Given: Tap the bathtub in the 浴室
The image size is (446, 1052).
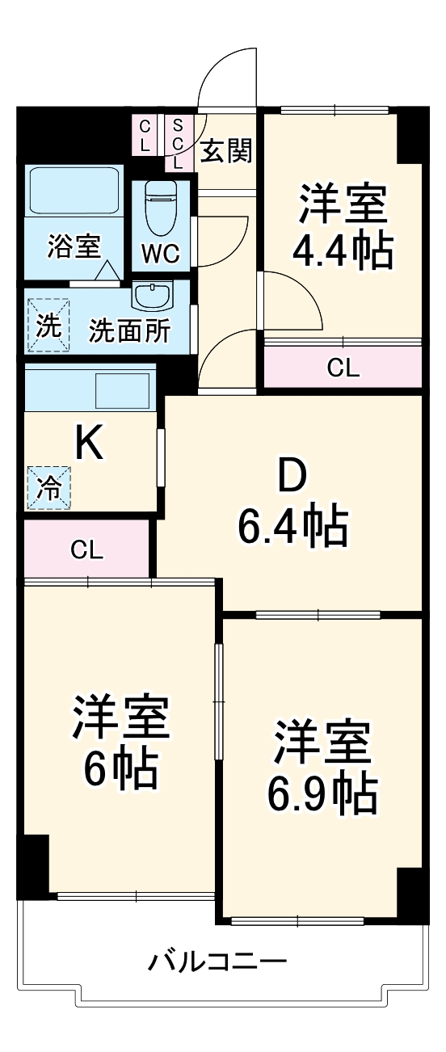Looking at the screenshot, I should click(74, 191).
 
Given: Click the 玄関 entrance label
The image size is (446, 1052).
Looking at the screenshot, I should click(226, 150).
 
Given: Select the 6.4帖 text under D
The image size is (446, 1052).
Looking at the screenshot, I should click(292, 528).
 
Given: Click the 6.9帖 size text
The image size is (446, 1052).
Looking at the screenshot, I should click(322, 794).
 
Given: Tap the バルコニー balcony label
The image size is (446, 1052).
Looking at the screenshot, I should click(217, 962).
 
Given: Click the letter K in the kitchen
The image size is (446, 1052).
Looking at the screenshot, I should click(89, 444).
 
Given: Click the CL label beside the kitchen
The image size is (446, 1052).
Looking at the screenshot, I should click(86, 551).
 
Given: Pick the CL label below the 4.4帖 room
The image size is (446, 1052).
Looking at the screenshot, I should click(343, 368).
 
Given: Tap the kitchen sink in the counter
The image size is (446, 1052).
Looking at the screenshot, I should click(123, 390).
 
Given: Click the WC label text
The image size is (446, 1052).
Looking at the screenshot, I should click(160, 253).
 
